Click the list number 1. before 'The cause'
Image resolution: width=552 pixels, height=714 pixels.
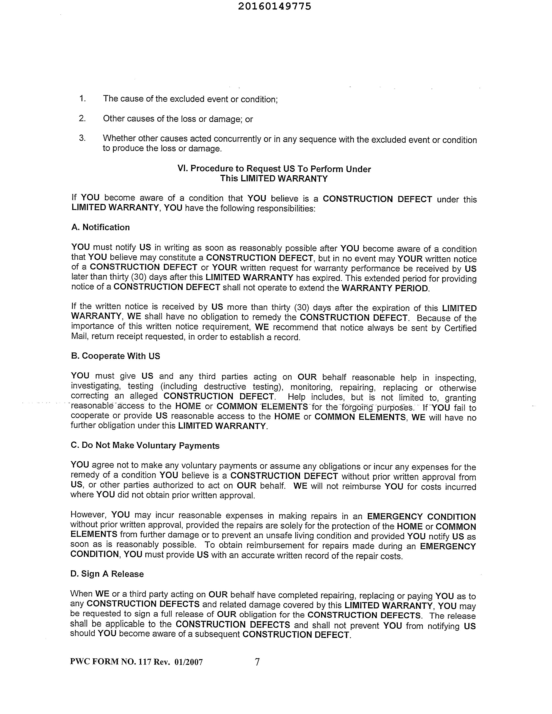click(82, 98)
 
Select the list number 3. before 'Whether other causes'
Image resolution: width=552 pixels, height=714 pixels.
click(82, 138)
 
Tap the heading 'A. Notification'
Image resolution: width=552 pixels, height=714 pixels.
click(100, 227)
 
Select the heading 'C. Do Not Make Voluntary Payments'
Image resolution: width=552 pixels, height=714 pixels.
click(145, 446)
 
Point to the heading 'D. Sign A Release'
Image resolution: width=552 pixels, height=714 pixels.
click(107, 574)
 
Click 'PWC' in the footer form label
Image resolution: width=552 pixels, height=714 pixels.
click(80, 662)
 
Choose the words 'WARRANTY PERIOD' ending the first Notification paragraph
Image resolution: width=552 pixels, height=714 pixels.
click(385, 288)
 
